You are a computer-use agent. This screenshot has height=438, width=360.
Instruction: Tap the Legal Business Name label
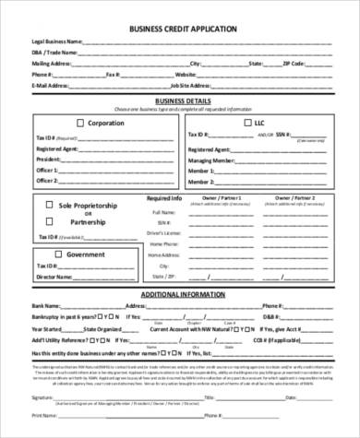point(57,42)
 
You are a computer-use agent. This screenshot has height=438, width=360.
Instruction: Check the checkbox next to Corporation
point(80,123)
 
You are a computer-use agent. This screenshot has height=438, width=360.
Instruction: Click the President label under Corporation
point(49,158)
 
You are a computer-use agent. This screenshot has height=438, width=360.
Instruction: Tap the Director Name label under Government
point(52,276)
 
